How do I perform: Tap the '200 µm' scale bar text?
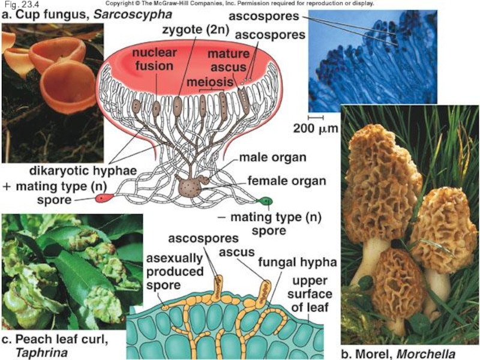(316, 128)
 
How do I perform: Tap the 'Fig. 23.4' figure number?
(17, 4)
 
